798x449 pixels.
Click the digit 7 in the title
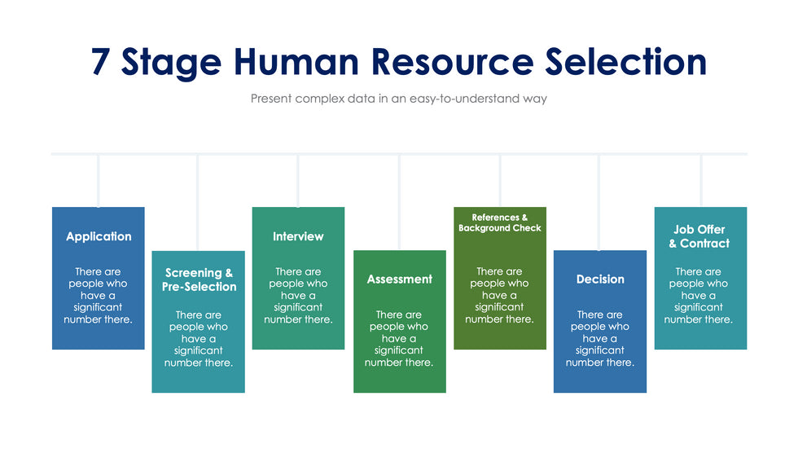(101, 62)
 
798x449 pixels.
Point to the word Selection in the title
(625, 62)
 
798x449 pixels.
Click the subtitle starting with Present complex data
(398, 99)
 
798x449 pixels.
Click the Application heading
(99, 236)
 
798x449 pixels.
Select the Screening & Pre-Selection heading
(199, 280)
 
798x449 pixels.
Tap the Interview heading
(298, 236)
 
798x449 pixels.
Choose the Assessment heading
(399, 280)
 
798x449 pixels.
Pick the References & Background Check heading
(499, 222)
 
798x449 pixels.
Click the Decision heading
(600, 280)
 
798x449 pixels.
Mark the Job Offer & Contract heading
(699, 236)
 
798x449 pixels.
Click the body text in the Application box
(99, 295)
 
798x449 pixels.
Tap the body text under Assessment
(399, 338)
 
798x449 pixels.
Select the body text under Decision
(600, 338)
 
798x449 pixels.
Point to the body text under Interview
(298, 295)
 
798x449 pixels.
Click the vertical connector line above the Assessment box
(399, 202)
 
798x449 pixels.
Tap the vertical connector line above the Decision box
(599, 202)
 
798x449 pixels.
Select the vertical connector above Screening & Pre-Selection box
(198, 202)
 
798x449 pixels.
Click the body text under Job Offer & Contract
(699, 295)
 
